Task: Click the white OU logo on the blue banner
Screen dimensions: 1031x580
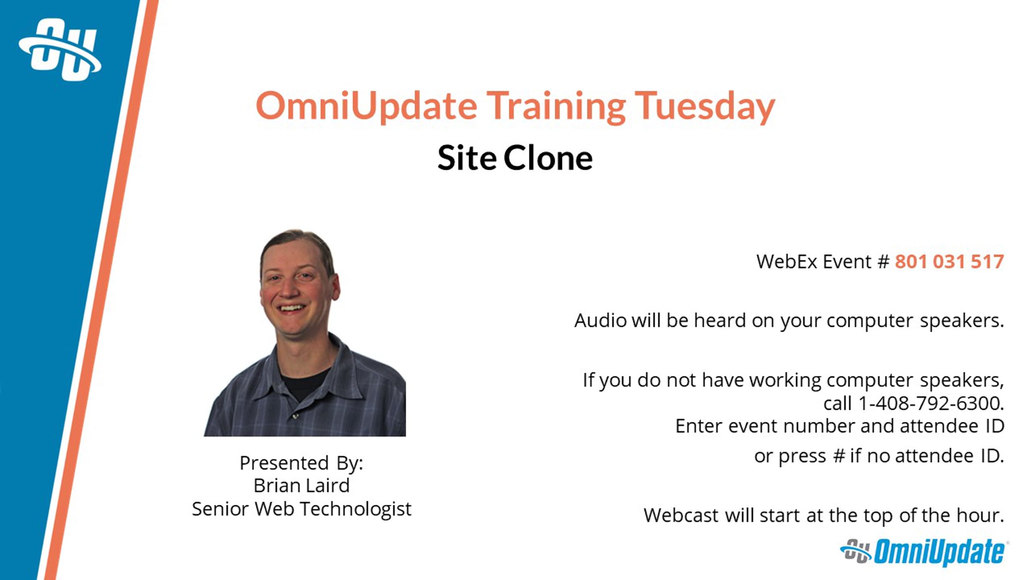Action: click(x=60, y=49)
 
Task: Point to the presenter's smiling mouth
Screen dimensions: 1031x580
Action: click(x=292, y=308)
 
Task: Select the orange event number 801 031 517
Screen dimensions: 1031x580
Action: click(x=949, y=262)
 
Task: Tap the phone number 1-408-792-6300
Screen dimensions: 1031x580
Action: click(x=930, y=403)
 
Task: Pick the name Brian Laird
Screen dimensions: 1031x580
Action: click(x=302, y=486)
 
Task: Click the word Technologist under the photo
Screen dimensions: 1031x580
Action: click(x=355, y=510)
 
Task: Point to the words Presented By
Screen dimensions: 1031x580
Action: click(x=302, y=463)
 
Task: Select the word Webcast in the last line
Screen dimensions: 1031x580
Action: click(x=681, y=515)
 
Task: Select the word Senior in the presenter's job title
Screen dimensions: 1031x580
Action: click(x=220, y=509)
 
